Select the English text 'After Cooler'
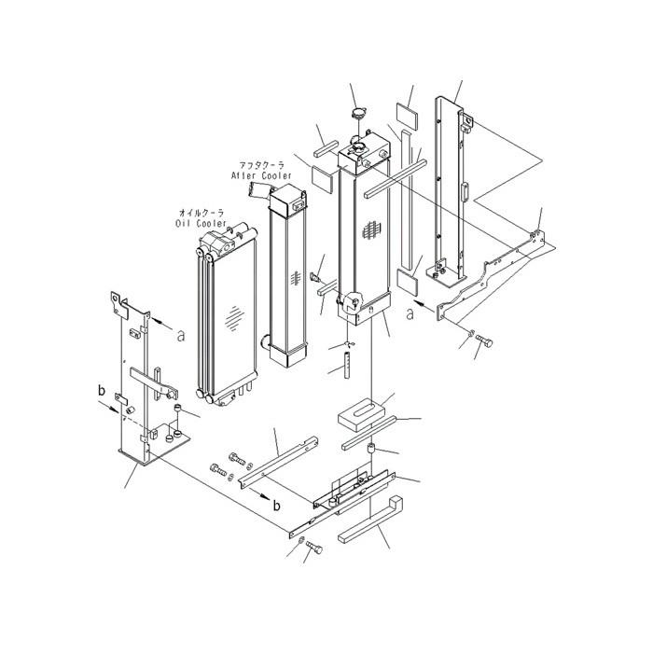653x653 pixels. [x=261, y=174]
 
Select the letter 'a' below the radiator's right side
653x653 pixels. [x=410, y=313]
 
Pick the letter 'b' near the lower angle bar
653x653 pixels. [x=277, y=504]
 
